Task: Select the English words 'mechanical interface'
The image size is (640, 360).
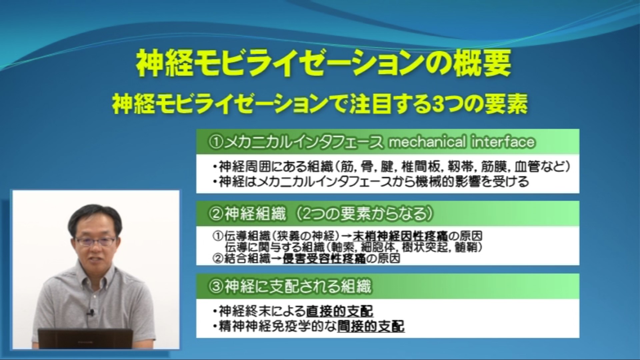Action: point(461,142)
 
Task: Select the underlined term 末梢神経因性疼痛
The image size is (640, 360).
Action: point(400,236)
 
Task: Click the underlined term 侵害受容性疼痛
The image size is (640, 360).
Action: point(324,259)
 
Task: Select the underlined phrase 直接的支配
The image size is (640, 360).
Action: point(340,311)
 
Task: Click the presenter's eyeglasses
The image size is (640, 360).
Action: point(95,240)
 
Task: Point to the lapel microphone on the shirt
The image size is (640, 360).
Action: point(90,313)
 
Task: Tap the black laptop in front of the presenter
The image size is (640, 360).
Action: point(85,338)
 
